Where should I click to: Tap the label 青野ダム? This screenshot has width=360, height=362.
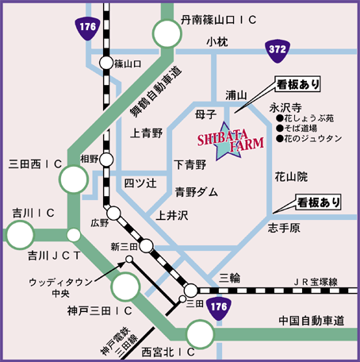[196, 191]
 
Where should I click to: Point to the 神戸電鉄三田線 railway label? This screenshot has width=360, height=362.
[113, 342]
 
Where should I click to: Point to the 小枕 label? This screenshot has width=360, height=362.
[216, 41]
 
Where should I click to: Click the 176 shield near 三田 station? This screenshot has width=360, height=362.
[220, 306]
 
